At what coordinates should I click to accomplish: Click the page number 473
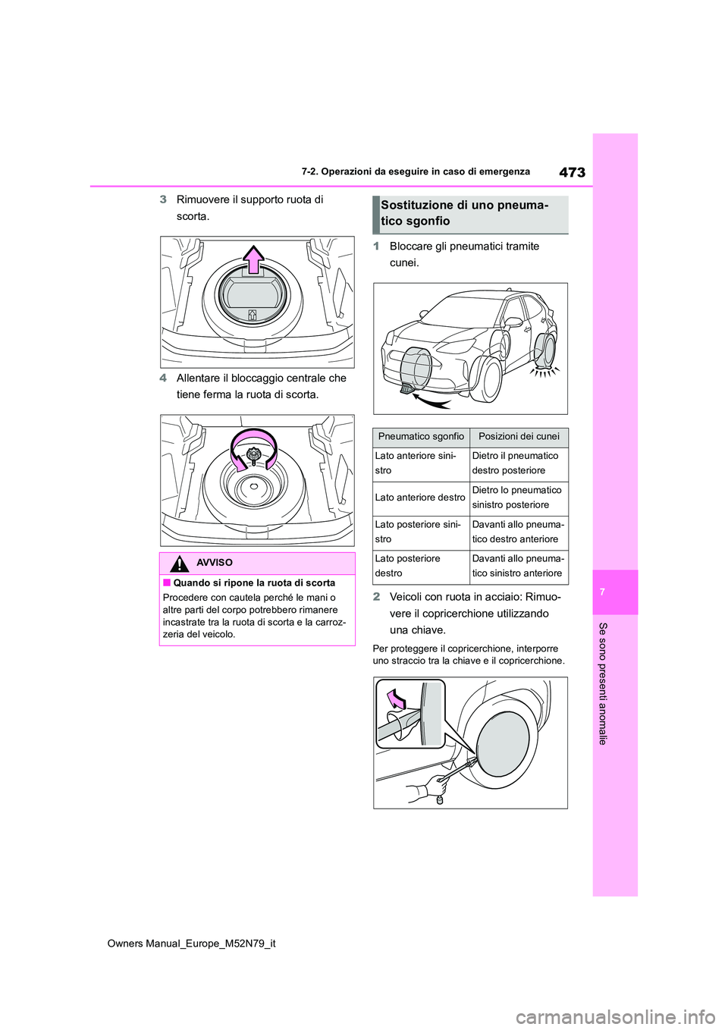pyautogui.click(x=572, y=172)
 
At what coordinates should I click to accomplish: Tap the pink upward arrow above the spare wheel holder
pyautogui.click(x=254, y=259)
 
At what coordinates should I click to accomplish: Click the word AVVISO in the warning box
pyautogui.click(x=215, y=563)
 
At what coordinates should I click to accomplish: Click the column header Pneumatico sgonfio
pyautogui.click(x=421, y=437)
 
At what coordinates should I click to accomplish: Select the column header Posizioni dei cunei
pyautogui.click(x=519, y=437)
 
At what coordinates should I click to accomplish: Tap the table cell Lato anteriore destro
pyautogui.click(x=420, y=498)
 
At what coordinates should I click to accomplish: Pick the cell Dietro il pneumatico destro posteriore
pyautogui.click(x=518, y=463)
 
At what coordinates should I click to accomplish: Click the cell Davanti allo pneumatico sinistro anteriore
pyautogui.click(x=518, y=566)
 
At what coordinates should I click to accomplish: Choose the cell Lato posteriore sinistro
pyautogui.click(x=420, y=532)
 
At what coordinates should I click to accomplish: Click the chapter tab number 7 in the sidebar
pyautogui.click(x=602, y=592)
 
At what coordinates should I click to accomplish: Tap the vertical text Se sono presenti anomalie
pyautogui.click(x=603, y=683)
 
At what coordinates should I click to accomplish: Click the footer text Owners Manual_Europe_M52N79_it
pyautogui.click(x=192, y=944)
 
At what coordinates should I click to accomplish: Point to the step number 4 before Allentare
pyautogui.click(x=163, y=378)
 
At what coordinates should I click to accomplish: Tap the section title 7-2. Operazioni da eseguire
pyautogui.click(x=416, y=172)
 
